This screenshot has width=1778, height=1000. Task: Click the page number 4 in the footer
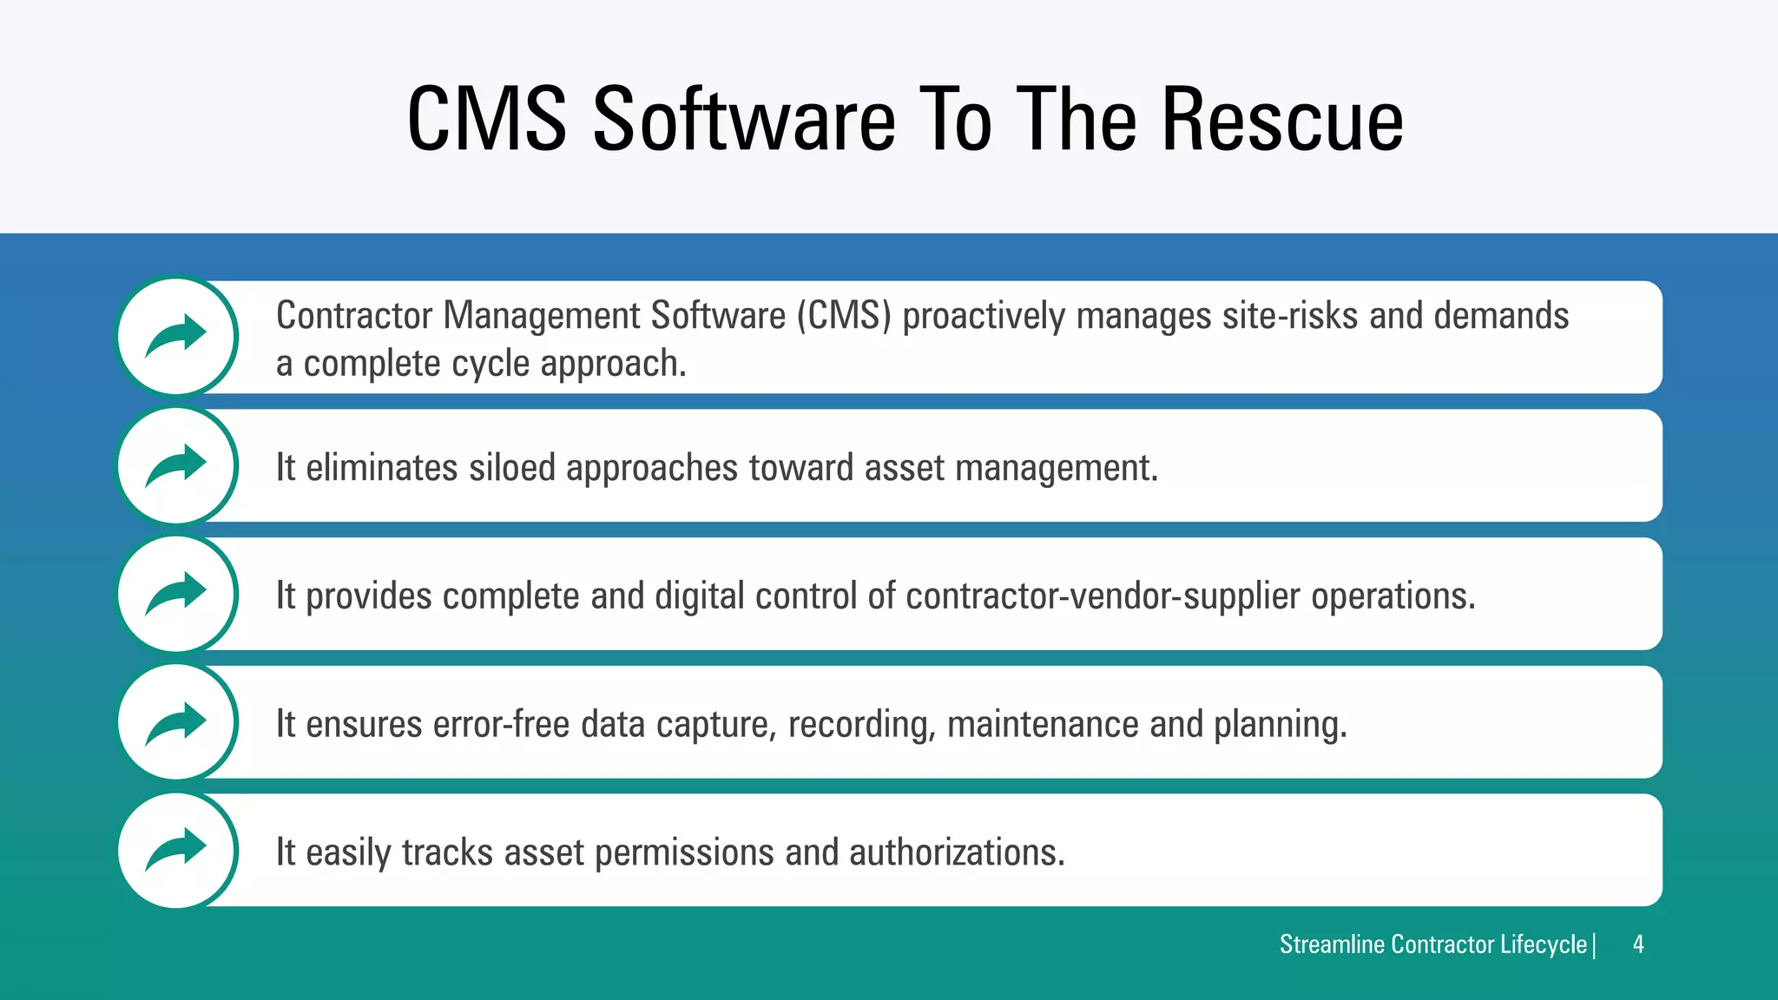point(1637,944)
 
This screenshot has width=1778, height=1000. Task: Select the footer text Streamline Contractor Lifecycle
point(1432,944)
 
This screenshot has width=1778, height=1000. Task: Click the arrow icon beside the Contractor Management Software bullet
point(177,336)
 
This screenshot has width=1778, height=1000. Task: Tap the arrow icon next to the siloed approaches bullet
point(177,465)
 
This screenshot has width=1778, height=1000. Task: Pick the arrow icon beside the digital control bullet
point(177,594)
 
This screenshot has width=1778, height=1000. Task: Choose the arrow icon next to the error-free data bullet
point(177,722)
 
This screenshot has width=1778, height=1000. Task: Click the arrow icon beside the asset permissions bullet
point(177,850)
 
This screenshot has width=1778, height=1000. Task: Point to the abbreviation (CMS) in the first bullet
point(845,316)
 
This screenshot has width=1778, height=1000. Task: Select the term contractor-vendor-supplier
point(1103,596)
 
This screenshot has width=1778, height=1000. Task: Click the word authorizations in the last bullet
point(957,852)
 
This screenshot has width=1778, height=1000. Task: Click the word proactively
point(984,316)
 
